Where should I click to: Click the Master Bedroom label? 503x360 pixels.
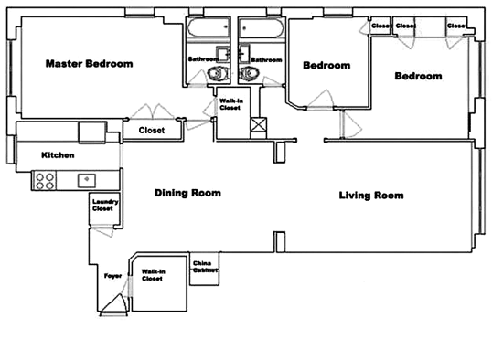[x=90, y=63]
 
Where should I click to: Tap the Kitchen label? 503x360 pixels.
[x=58, y=155]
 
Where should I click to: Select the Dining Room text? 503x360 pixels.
[x=187, y=193]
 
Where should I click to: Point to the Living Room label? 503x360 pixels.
[x=371, y=196]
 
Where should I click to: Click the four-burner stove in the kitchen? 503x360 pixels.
[x=44, y=181]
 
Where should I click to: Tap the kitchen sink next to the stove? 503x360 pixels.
[x=87, y=181]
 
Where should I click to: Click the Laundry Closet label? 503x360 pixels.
[x=105, y=206]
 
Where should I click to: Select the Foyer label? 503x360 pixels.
[x=112, y=276]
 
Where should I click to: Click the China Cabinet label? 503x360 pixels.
[x=205, y=267]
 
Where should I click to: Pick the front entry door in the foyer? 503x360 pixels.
[x=114, y=305]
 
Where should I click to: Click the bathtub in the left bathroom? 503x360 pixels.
[x=209, y=27]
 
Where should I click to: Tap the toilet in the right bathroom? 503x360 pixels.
[x=250, y=74]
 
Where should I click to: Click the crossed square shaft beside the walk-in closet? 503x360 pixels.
[x=258, y=124]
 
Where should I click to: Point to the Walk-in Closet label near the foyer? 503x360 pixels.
[x=154, y=275]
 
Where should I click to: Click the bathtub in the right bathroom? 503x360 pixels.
[x=262, y=27]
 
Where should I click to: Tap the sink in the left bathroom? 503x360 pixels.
[x=222, y=54]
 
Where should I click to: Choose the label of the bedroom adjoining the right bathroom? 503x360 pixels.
[x=326, y=66]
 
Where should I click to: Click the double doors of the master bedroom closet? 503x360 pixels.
[x=153, y=111]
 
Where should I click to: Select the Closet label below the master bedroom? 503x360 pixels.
[x=152, y=130]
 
